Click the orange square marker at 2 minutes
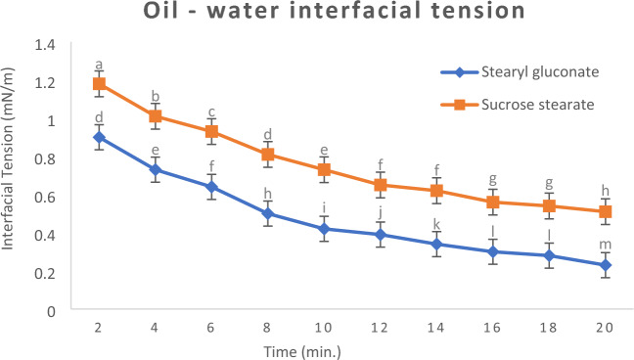[x=99, y=84]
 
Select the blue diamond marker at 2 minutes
[x=99, y=137]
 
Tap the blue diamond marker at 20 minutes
[x=606, y=265]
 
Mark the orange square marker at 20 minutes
[x=606, y=211]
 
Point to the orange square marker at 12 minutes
[x=381, y=185]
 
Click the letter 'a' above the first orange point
[x=99, y=66]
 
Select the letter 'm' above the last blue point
[x=606, y=245]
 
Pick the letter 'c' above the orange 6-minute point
[x=211, y=112]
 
